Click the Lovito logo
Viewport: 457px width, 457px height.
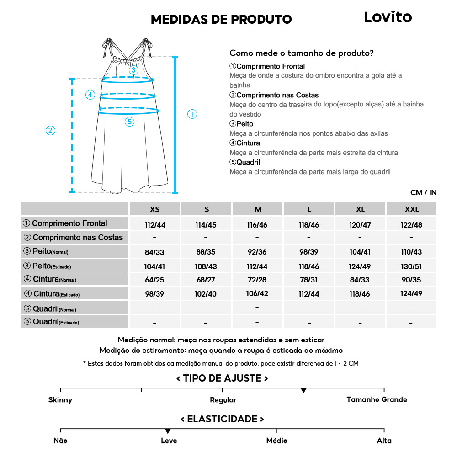[x=388, y=17]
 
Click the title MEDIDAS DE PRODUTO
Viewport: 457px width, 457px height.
[x=221, y=19]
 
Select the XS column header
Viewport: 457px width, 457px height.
[x=155, y=209]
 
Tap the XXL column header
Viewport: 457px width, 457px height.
[x=411, y=209]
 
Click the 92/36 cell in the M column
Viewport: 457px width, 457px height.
[x=258, y=252]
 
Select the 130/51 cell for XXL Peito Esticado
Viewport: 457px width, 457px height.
[x=411, y=266]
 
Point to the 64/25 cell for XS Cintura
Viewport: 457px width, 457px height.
[x=155, y=280]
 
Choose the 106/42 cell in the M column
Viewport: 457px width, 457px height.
[x=258, y=293]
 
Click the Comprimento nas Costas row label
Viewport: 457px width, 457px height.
[x=74, y=238]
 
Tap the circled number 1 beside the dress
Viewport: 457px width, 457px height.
[x=192, y=114]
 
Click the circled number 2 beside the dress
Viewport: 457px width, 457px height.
[x=51, y=130]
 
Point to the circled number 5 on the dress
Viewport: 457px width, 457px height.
[x=129, y=122]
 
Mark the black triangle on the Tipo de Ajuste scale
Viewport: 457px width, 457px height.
[x=303, y=391]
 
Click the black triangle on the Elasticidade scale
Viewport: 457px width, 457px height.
[x=168, y=431]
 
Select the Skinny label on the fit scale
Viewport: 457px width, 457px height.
[x=60, y=400]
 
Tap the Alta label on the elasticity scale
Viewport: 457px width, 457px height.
[x=384, y=441]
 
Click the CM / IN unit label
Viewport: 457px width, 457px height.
[x=423, y=192]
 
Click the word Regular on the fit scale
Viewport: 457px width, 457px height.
[x=223, y=400]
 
